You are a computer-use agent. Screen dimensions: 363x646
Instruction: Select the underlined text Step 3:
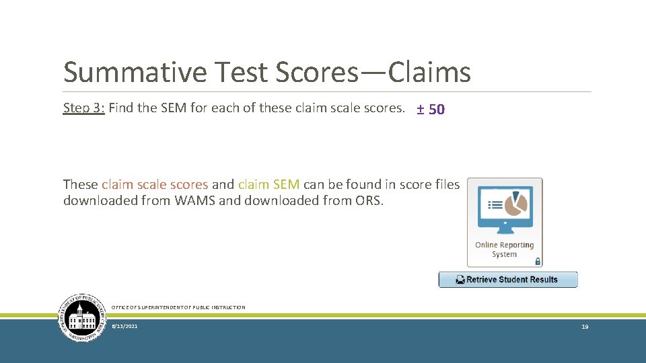click(83, 108)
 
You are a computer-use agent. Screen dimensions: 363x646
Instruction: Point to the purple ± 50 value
click(431, 109)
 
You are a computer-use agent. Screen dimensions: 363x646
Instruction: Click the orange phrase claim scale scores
click(155, 184)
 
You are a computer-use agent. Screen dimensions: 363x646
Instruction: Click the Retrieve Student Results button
click(508, 280)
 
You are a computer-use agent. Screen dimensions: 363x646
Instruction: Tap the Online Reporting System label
click(504, 249)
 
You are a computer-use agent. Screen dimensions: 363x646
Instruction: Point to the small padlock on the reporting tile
click(537, 261)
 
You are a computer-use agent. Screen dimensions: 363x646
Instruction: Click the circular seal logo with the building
click(83, 317)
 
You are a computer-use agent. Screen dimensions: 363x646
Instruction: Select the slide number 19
click(585, 326)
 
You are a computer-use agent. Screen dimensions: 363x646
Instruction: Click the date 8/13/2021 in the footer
click(124, 326)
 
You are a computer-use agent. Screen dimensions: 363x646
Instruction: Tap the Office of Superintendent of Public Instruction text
click(178, 307)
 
